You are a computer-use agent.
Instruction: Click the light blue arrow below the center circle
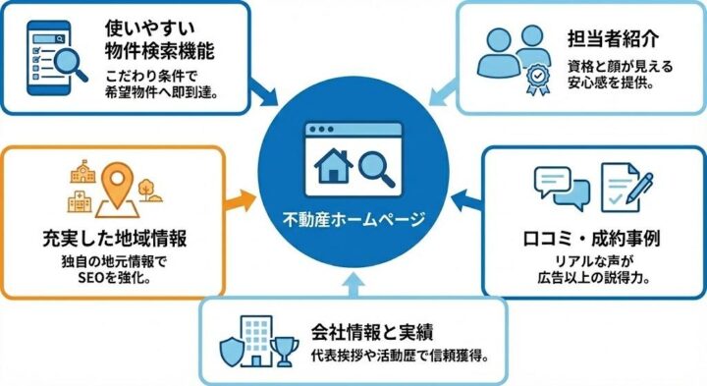(x=353, y=286)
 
